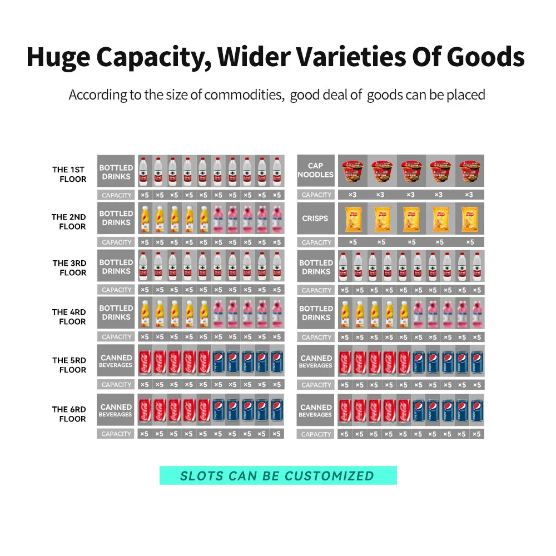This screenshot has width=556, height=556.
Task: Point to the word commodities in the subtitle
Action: point(243,95)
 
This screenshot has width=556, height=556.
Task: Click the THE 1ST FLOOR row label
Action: point(70,174)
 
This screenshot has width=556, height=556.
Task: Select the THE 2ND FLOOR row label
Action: point(69,221)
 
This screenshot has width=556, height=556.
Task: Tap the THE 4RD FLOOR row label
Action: point(70,316)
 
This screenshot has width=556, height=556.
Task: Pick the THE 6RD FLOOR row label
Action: point(70,414)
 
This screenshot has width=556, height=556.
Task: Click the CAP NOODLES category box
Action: point(315,170)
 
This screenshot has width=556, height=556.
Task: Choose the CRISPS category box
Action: point(315,219)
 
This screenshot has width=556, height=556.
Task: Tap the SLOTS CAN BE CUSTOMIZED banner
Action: point(278,475)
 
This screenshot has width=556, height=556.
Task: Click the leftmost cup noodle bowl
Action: point(351,171)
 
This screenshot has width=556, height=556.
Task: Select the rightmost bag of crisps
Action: point(470,219)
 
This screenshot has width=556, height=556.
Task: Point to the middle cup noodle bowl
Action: point(410,171)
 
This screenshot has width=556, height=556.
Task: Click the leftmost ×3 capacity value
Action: point(351,195)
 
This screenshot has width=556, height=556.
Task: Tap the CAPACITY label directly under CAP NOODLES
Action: point(316,195)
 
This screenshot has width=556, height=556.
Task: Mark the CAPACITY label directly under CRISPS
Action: point(316,242)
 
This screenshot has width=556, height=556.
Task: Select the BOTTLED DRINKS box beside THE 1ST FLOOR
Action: point(116,172)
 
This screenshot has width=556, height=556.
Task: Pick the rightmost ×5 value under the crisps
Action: point(470,242)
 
